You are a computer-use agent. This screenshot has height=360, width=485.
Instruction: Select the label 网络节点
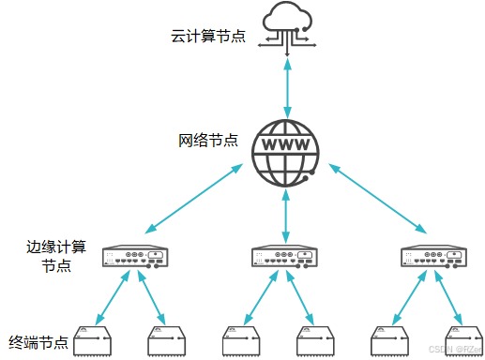click(x=208, y=141)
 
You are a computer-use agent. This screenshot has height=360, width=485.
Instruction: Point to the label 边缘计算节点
click(x=56, y=256)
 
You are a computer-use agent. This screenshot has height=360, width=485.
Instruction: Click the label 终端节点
click(x=38, y=341)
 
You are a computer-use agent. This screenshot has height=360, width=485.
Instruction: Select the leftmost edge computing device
click(x=135, y=257)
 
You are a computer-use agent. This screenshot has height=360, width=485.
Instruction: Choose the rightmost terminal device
click(x=463, y=342)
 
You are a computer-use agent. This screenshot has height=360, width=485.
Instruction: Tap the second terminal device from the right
click(x=391, y=342)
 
